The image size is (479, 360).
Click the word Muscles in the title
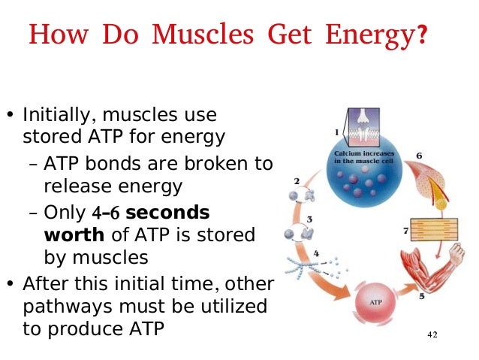(x=192, y=35)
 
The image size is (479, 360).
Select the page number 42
(x=432, y=333)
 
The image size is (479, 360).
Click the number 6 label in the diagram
(x=419, y=156)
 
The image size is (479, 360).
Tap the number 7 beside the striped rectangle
(x=405, y=231)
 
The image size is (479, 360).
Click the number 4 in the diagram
(x=316, y=253)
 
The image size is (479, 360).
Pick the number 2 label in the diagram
(x=298, y=181)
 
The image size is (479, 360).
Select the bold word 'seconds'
(x=167, y=211)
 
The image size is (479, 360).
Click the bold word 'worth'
(x=74, y=234)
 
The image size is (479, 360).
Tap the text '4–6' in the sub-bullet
(x=104, y=212)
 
